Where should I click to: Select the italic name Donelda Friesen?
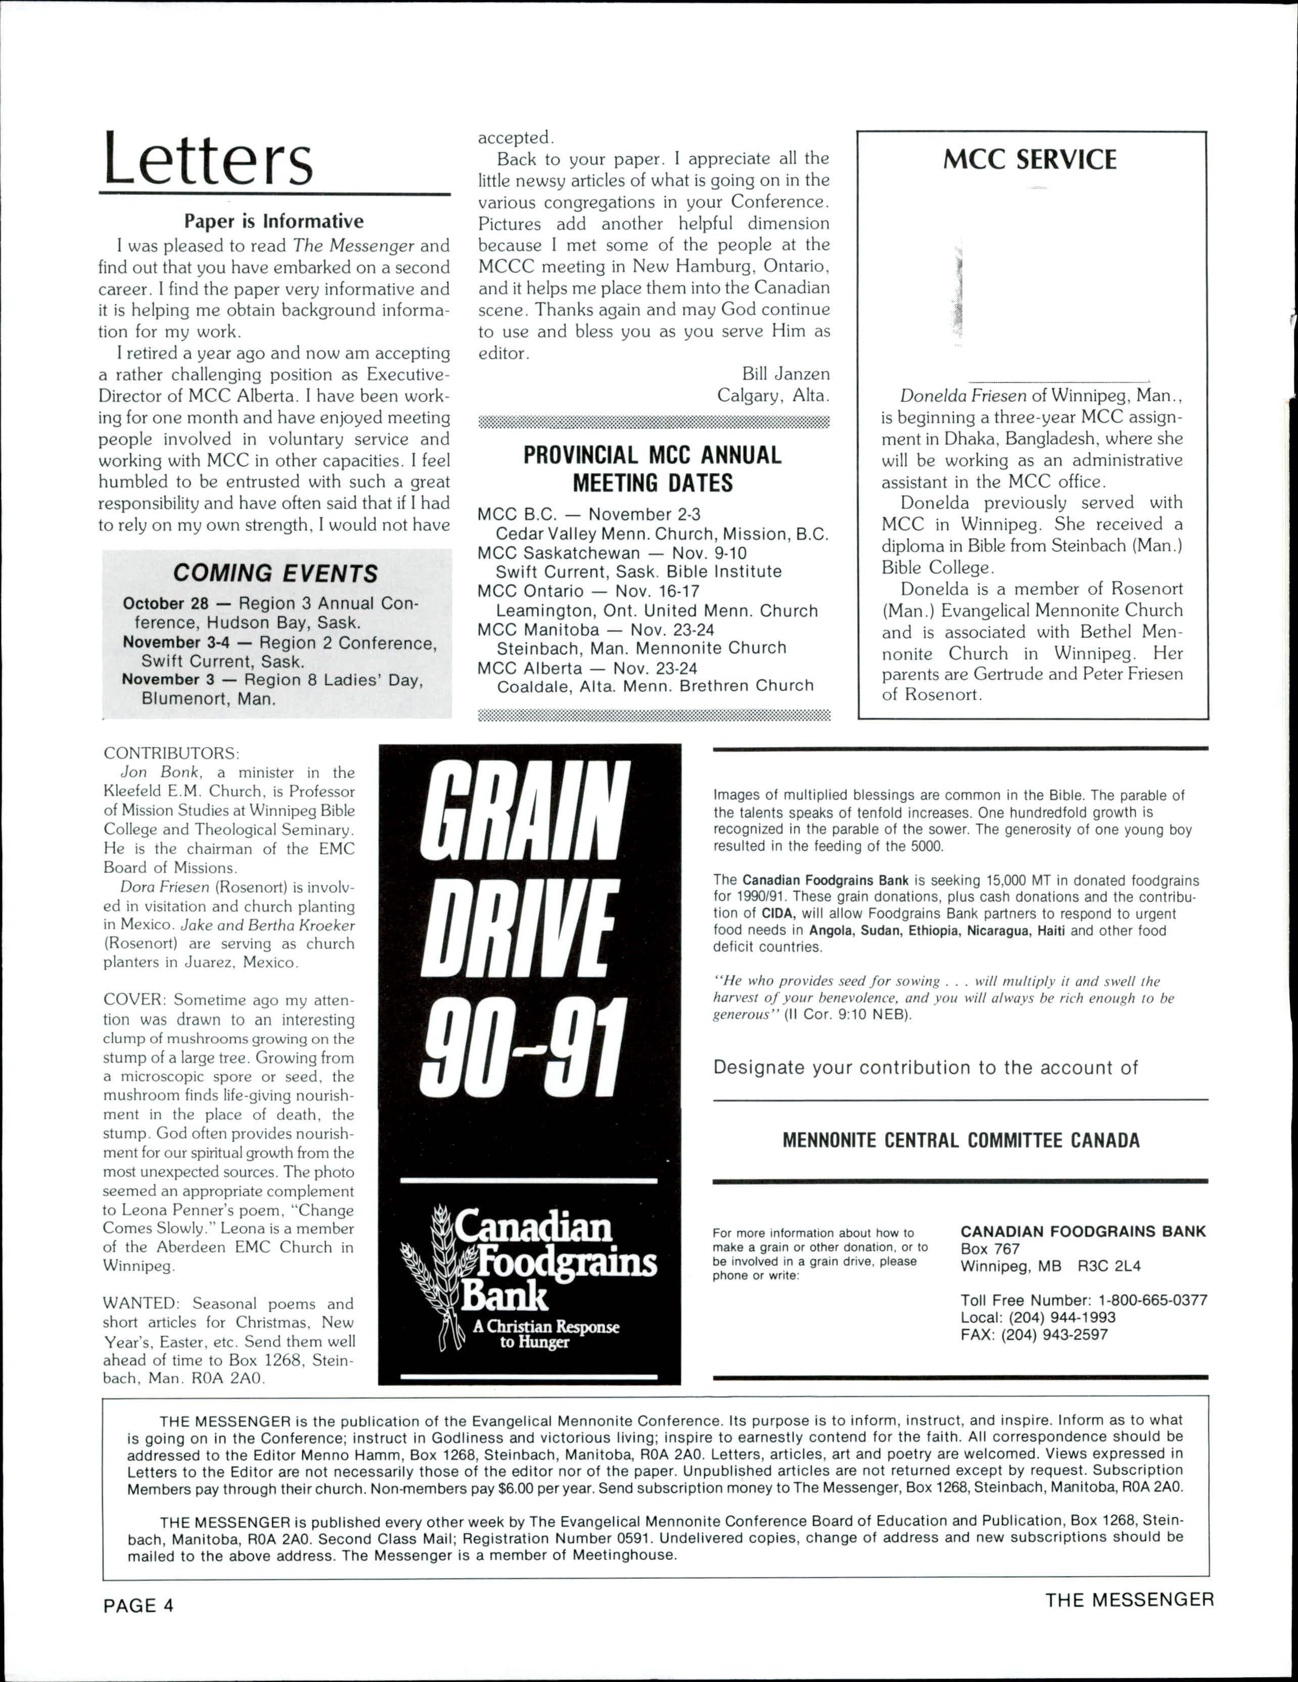tap(963, 396)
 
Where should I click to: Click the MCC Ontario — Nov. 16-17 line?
tap(588, 592)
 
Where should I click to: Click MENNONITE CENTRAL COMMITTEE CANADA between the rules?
tap(960, 1140)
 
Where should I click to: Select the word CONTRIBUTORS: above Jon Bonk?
tap(172, 752)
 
